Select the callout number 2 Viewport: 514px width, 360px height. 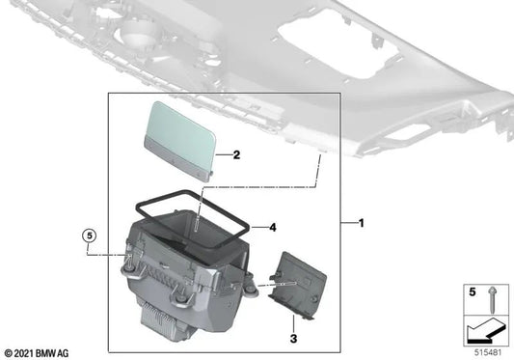(x=234, y=153)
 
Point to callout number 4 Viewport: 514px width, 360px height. (x=273, y=228)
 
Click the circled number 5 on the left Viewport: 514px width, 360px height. (x=89, y=235)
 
